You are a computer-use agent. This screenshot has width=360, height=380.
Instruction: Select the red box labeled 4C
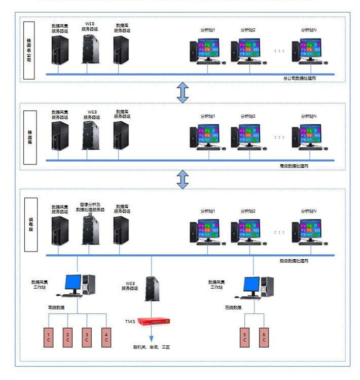pos(106,337)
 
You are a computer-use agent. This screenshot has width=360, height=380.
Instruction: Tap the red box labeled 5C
pos(244,337)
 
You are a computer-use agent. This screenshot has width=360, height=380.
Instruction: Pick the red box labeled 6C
pos(264,337)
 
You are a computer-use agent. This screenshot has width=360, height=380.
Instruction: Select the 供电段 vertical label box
pos(30,223)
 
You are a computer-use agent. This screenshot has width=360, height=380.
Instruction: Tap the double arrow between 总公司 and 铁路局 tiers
pos(183,91)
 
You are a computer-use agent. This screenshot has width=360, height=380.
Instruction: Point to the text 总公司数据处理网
pos(300,79)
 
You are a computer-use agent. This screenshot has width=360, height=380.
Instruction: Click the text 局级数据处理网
pos(294,166)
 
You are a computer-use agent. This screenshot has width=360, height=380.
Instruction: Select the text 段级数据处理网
pos(294,261)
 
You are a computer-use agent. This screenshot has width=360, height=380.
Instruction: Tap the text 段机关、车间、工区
pos(152,347)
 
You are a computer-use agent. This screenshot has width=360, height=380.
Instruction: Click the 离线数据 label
pos(56,307)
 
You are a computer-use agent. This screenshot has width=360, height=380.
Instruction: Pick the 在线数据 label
pos(233,307)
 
